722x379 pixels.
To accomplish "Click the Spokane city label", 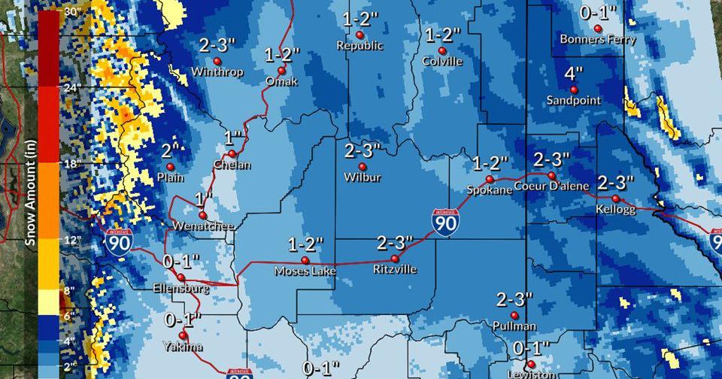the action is click(x=489, y=190).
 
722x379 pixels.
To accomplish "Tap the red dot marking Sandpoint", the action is click(x=573, y=89).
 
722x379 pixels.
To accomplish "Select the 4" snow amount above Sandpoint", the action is click(x=574, y=74).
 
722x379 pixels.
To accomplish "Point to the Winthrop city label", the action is click(x=217, y=72).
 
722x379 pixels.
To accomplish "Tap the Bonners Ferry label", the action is click(x=599, y=40).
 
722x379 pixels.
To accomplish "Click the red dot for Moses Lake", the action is click(x=305, y=260).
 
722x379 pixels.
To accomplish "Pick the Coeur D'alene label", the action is click(x=552, y=186).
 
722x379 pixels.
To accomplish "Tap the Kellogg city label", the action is click(x=615, y=209).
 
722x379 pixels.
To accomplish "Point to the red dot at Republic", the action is click(x=359, y=35).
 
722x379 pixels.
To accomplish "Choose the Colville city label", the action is click(x=442, y=61).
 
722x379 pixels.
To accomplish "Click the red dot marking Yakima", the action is click(x=183, y=335).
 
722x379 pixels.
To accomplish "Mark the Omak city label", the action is click(x=282, y=80).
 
